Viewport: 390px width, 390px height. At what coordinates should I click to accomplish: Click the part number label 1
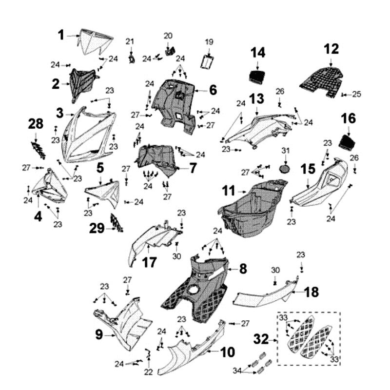click(61, 35)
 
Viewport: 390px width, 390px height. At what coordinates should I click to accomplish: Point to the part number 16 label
click(348, 118)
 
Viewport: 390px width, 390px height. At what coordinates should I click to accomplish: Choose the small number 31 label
click(286, 150)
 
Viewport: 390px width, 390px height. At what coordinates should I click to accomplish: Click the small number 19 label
click(209, 42)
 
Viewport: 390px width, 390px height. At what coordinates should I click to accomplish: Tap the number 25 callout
click(357, 94)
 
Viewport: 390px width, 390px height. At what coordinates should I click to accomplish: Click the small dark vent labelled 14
click(257, 76)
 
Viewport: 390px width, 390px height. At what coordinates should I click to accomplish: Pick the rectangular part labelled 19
click(209, 63)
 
